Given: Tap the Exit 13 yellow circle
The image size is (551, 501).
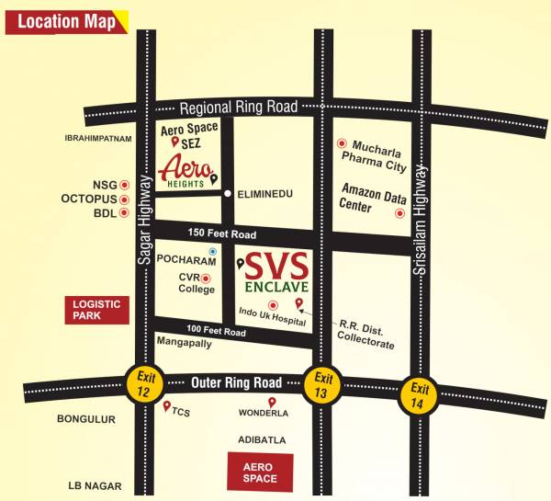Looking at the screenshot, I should [322, 381].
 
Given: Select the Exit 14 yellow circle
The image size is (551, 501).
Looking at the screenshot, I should [420, 394].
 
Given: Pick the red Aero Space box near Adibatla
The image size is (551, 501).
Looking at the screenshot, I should [260, 472].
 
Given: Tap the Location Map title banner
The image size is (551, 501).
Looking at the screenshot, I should [66, 21].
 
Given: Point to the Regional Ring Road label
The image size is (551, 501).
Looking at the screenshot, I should [239, 108].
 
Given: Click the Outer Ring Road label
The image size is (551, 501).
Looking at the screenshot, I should [235, 381].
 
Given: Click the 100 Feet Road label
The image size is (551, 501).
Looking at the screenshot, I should [216, 331].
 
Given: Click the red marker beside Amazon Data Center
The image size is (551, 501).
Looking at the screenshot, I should [399, 213].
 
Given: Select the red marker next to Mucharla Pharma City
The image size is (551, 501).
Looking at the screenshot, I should [342, 143].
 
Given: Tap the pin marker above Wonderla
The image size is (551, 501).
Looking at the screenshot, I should [271, 402].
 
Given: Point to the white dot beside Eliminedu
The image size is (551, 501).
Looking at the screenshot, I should [228, 194].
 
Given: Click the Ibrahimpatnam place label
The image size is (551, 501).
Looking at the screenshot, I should [99, 138].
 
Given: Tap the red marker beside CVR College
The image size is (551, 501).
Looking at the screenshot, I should [206, 278].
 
